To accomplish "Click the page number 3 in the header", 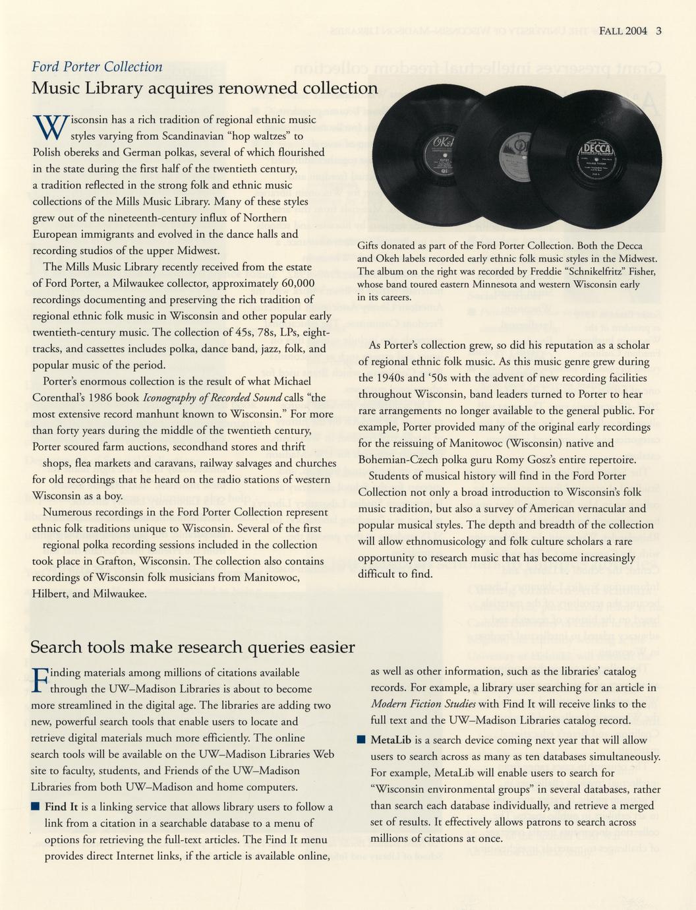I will [659, 30].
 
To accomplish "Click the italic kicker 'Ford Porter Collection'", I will [97, 67].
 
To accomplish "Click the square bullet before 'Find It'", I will [36, 806].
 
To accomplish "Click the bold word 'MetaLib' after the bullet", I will [391, 741].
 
